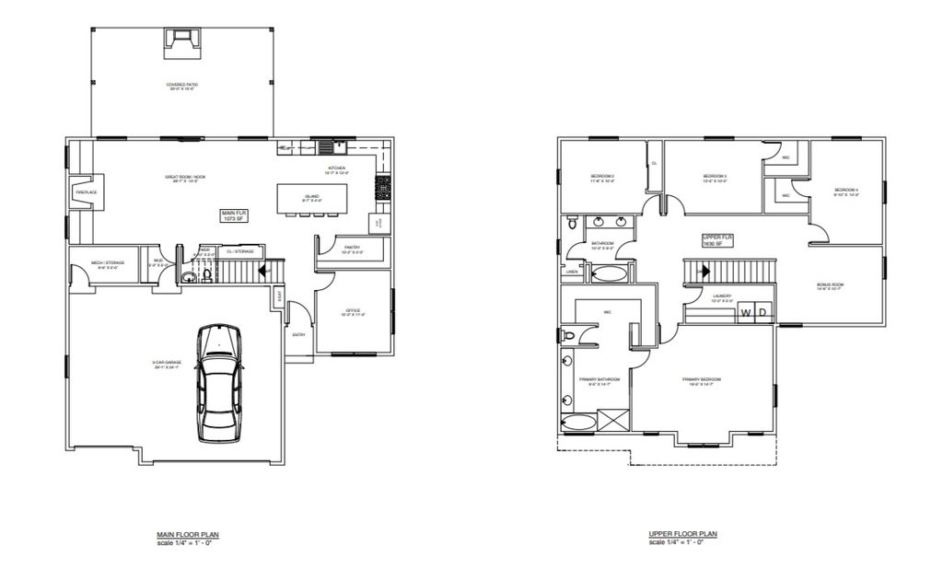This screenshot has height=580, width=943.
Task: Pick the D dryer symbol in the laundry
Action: (763, 314)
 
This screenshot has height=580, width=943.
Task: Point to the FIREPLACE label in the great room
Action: (87, 192)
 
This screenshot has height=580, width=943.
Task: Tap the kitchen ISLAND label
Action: (312, 197)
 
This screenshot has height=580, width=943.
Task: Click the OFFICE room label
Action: (353, 311)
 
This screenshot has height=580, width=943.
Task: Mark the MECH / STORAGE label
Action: (109, 262)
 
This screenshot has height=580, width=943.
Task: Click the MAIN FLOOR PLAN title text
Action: (188, 534)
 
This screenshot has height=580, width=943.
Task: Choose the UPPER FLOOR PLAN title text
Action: (683, 534)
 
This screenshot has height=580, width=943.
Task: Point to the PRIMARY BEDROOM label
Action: (702, 379)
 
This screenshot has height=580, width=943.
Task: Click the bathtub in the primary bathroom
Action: (580, 423)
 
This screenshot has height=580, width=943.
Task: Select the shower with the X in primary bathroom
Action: (613, 421)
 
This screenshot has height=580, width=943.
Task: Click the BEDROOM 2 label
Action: (602, 177)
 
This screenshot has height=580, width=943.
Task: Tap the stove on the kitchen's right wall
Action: (381, 188)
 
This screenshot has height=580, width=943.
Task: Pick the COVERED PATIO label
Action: (182, 86)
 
